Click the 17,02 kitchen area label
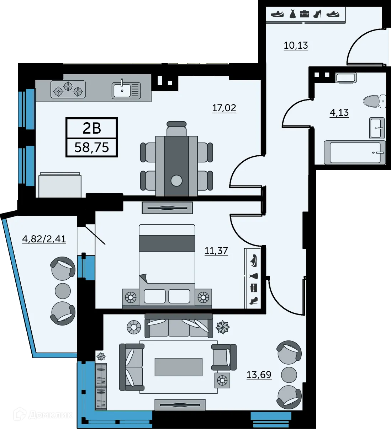[x=224, y=108]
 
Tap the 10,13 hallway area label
[x=296, y=45]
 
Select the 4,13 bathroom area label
[x=339, y=113]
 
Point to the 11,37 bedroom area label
[x=216, y=251]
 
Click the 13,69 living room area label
[x=259, y=375]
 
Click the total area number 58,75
[x=92, y=147]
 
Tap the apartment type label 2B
[x=92, y=128]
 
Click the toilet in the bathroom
[x=374, y=101]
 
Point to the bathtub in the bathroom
[x=354, y=153]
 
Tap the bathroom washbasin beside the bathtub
[x=377, y=128]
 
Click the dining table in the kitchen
[x=176, y=166]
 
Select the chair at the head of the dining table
[x=176, y=129]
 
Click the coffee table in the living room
[x=178, y=367]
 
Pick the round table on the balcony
[x=63, y=291]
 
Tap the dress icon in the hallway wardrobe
[x=292, y=14]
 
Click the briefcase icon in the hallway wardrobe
[x=304, y=14]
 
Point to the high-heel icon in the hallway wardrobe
[x=317, y=14]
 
